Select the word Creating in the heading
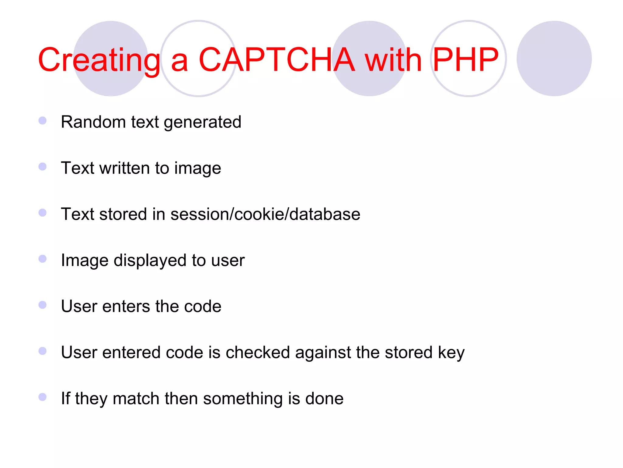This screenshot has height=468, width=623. pos(99,60)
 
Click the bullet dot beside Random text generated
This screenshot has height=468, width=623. pos(43,121)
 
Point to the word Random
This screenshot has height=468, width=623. pos(93,122)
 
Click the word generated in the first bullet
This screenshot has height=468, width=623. pos(203,122)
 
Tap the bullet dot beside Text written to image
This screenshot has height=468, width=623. pos(43,167)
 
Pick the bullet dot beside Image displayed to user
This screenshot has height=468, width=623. pos(43,259)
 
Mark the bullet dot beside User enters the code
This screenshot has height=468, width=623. pos(43,305)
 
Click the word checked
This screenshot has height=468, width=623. pos(258,353)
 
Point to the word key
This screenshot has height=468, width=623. pos(451,353)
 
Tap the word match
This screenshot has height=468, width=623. pos(136,399)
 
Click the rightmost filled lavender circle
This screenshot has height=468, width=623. pos(554,58)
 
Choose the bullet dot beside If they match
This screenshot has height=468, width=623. pos(43,397)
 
